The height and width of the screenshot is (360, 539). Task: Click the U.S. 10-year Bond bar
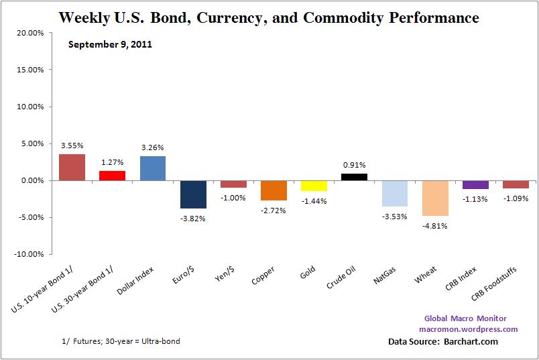pyautogui.click(x=72, y=167)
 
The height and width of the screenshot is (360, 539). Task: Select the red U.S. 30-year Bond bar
pyautogui.click(x=112, y=176)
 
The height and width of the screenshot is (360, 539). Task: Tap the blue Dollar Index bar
pyautogui.click(x=153, y=168)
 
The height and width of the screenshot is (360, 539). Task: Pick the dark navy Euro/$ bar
pyautogui.click(x=193, y=194)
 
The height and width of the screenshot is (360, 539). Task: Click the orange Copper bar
pyautogui.click(x=274, y=190)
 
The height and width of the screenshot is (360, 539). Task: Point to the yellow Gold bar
pyautogui.click(x=314, y=186)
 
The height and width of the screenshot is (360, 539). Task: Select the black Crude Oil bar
pyautogui.click(x=354, y=177)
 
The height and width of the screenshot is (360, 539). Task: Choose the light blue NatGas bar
pyautogui.click(x=395, y=193)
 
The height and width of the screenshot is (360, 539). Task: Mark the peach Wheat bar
pyautogui.click(x=435, y=198)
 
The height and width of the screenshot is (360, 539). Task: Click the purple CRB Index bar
pyautogui.click(x=475, y=184)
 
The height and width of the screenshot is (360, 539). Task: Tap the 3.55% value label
pyautogui.click(x=72, y=145)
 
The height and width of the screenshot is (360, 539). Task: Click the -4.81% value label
pyautogui.click(x=435, y=226)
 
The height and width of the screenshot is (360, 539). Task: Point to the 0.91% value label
pyautogui.click(x=354, y=164)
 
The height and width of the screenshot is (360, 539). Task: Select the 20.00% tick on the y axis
pyautogui.click(x=29, y=32)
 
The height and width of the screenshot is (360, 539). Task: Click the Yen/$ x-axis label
pyautogui.click(x=225, y=276)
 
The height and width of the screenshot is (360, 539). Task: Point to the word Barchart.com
pyautogui.click(x=471, y=342)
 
